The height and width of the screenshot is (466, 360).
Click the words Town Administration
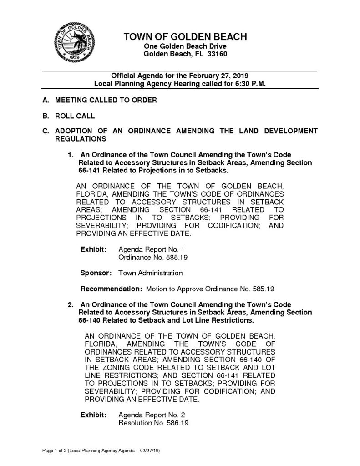point(150,273)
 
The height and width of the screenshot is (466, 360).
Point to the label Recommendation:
point(111,289)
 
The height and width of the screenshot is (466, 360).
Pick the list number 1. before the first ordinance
point(71,155)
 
